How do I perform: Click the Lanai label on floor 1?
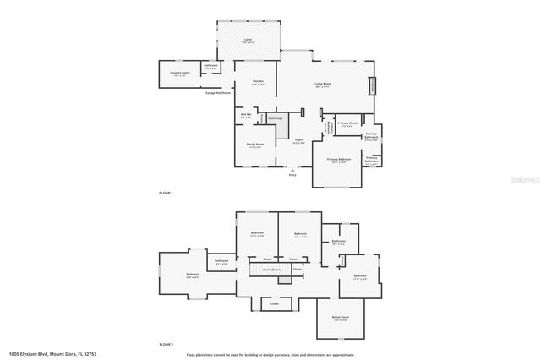248,41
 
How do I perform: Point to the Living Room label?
322,84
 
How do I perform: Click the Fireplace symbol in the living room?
370,87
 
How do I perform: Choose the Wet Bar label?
245,115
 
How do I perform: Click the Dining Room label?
254,145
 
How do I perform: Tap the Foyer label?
298,141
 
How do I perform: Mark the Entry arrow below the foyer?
292,171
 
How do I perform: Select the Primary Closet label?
347,125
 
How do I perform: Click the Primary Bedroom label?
339,159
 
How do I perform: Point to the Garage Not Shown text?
218,93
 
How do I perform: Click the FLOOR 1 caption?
166,194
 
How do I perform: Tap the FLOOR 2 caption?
166,345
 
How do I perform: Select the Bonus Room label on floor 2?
340,318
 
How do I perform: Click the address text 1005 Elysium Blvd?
47,353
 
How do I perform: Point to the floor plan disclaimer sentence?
270,354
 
